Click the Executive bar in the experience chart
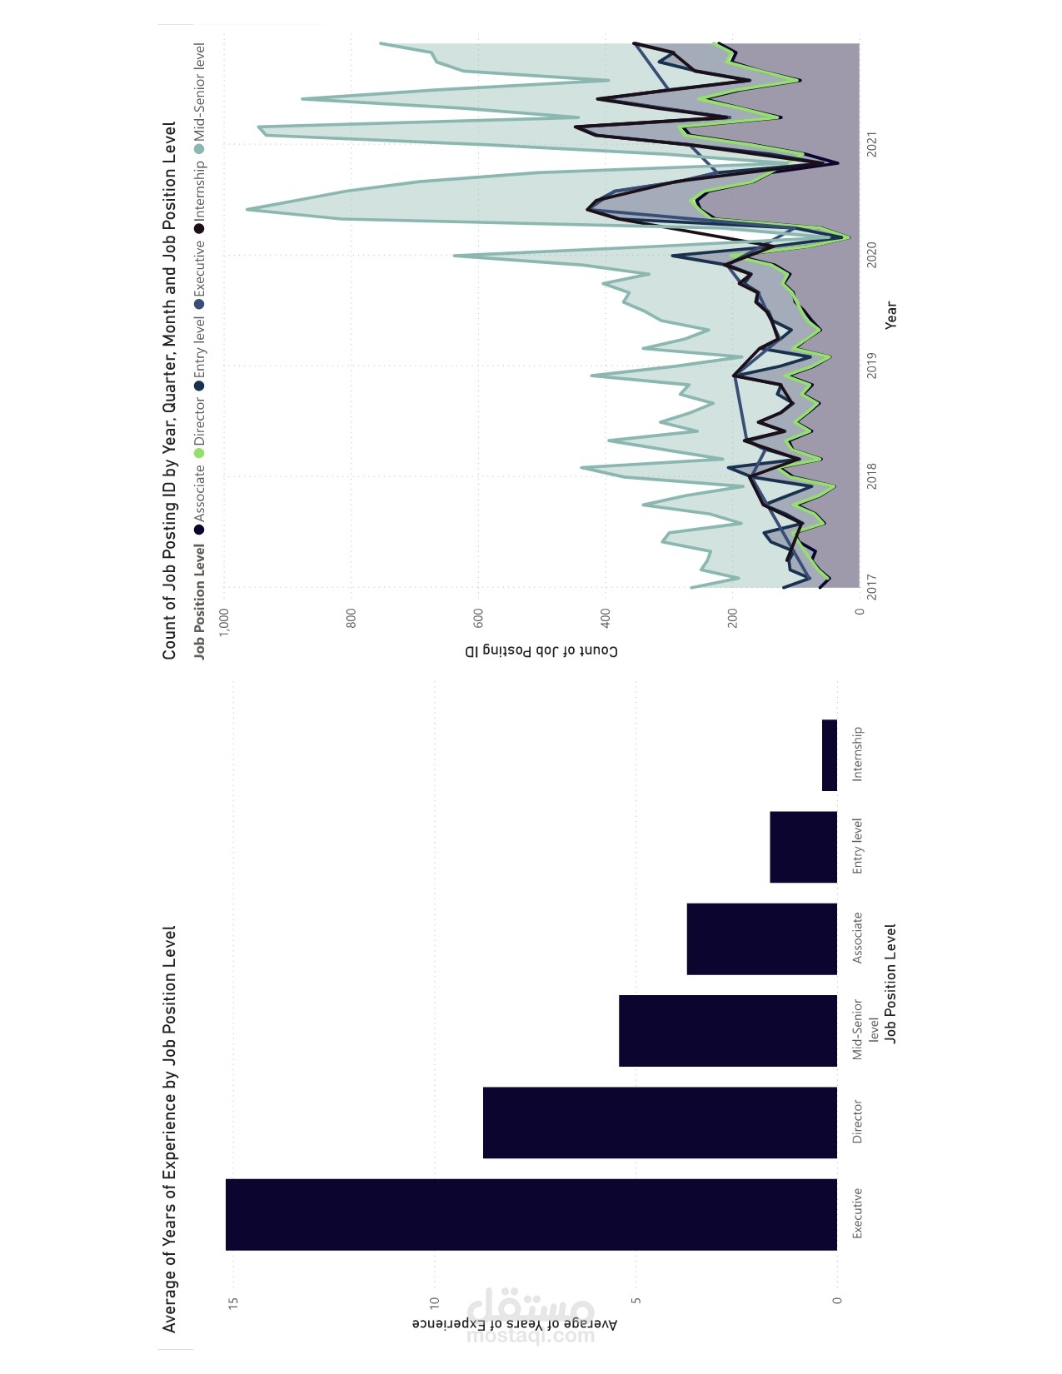click(531, 1214)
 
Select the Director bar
click(660, 1122)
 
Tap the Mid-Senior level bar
click(727, 1030)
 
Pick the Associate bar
click(761, 938)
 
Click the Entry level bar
click(803, 847)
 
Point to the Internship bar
click(829, 755)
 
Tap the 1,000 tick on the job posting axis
click(224, 622)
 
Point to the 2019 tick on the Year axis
click(872, 366)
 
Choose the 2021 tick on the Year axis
click(872, 144)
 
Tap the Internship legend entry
click(199, 191)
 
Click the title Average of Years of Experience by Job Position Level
click(170, 1128)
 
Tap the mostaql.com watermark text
click(531, 1336)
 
